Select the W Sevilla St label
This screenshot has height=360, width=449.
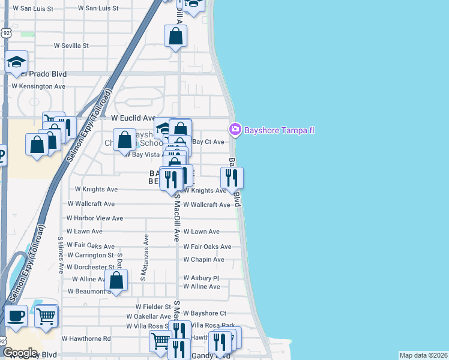click(x=71, y=46)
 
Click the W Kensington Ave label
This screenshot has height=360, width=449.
click(x=38, y=86)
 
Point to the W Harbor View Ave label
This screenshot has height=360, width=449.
click(x=94, y=218)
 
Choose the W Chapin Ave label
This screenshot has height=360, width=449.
click(x=203, y=260)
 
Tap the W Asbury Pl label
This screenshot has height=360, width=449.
click(x=201, y=278)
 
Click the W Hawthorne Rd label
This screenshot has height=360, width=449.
click(x=86, y=338)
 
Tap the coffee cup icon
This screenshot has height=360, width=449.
click(x=16, y=315)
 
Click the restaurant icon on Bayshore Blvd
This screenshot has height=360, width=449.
click(x=231, y=177)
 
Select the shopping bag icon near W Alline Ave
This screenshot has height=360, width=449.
click(x=116, y=280)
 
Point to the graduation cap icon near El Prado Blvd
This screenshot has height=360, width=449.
click(x=17, y=62)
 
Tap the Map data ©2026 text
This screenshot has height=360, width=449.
click(x=423, y=355)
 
